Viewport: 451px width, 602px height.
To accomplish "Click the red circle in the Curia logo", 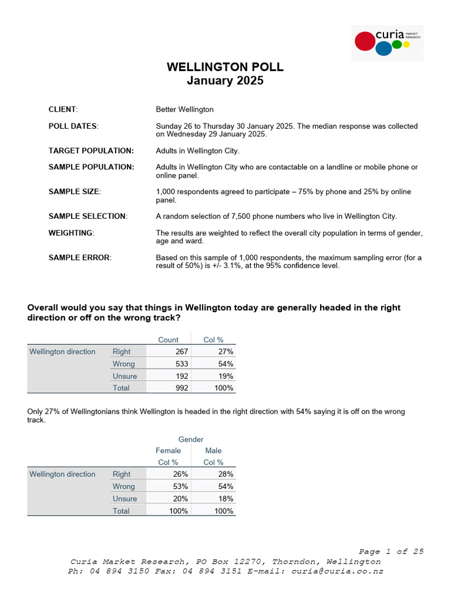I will pyautogui.click(x=365, y=41).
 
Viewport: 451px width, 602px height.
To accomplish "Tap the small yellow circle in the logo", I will pyautogui.click(x=406, y=44).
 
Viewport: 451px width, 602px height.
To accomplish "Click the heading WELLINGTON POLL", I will pyautogui.click(x=225, y=67).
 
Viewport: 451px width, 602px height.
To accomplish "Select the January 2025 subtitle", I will pyautogui.click(x=225, y=81).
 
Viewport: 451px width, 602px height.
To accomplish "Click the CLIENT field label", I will pyautogui.click(x=63, y=109).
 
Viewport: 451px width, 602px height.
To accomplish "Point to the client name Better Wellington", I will pyautogui.click(x=184, y=109).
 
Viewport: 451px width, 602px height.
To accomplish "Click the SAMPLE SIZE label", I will pyautogui.click(x=74, y=192).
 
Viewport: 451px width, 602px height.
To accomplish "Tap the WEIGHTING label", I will pyautogui.click(x=70, y=233).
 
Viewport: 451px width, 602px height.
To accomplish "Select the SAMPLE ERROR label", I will pyautogui.click(x=79, y=257).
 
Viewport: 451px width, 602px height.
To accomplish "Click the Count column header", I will pyautogui.click(x=169, y=340).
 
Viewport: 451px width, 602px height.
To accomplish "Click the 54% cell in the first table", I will pyautogui.click(x=225, y=364).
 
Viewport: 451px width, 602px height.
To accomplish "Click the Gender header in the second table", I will pyautogui.click(x=191, y=439).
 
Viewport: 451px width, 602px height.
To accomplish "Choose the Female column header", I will pyautogui.click(x=168, y=450).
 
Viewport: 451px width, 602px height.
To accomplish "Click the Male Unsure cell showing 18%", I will pyautogui.click(x=225, y=499).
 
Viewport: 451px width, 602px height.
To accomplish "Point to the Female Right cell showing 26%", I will pyautogui.click(x=180, y=474).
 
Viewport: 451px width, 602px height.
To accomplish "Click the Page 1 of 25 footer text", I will pyautogui.click(x=391, y=551).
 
